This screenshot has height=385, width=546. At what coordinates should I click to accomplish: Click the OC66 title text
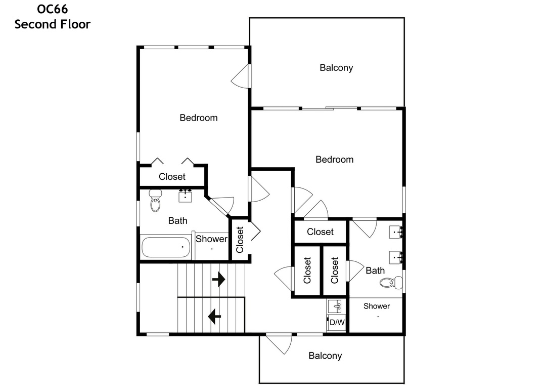53,9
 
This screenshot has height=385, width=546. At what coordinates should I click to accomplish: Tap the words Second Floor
53,24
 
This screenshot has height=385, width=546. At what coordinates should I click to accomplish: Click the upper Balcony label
336,68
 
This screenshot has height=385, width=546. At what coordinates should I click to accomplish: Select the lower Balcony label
325,356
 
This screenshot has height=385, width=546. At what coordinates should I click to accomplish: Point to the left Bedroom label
199,118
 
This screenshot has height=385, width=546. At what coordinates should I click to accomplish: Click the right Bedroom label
335,160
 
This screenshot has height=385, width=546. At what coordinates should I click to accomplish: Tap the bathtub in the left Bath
166,248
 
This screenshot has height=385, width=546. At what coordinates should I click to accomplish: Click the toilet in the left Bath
155,201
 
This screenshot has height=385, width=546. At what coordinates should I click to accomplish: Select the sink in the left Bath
185,196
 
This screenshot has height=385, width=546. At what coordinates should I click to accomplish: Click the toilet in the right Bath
391,282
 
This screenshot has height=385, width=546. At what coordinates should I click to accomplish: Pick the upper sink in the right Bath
396,232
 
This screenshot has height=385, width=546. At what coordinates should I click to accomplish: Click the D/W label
337,322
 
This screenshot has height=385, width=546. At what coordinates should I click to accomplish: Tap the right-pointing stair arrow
218,279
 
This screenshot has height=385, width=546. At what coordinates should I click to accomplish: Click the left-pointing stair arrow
214,317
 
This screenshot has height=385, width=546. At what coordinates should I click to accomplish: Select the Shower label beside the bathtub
211,239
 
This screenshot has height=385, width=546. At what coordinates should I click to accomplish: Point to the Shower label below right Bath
377,306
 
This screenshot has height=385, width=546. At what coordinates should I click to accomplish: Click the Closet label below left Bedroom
172,177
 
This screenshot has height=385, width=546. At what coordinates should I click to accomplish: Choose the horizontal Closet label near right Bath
321,232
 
